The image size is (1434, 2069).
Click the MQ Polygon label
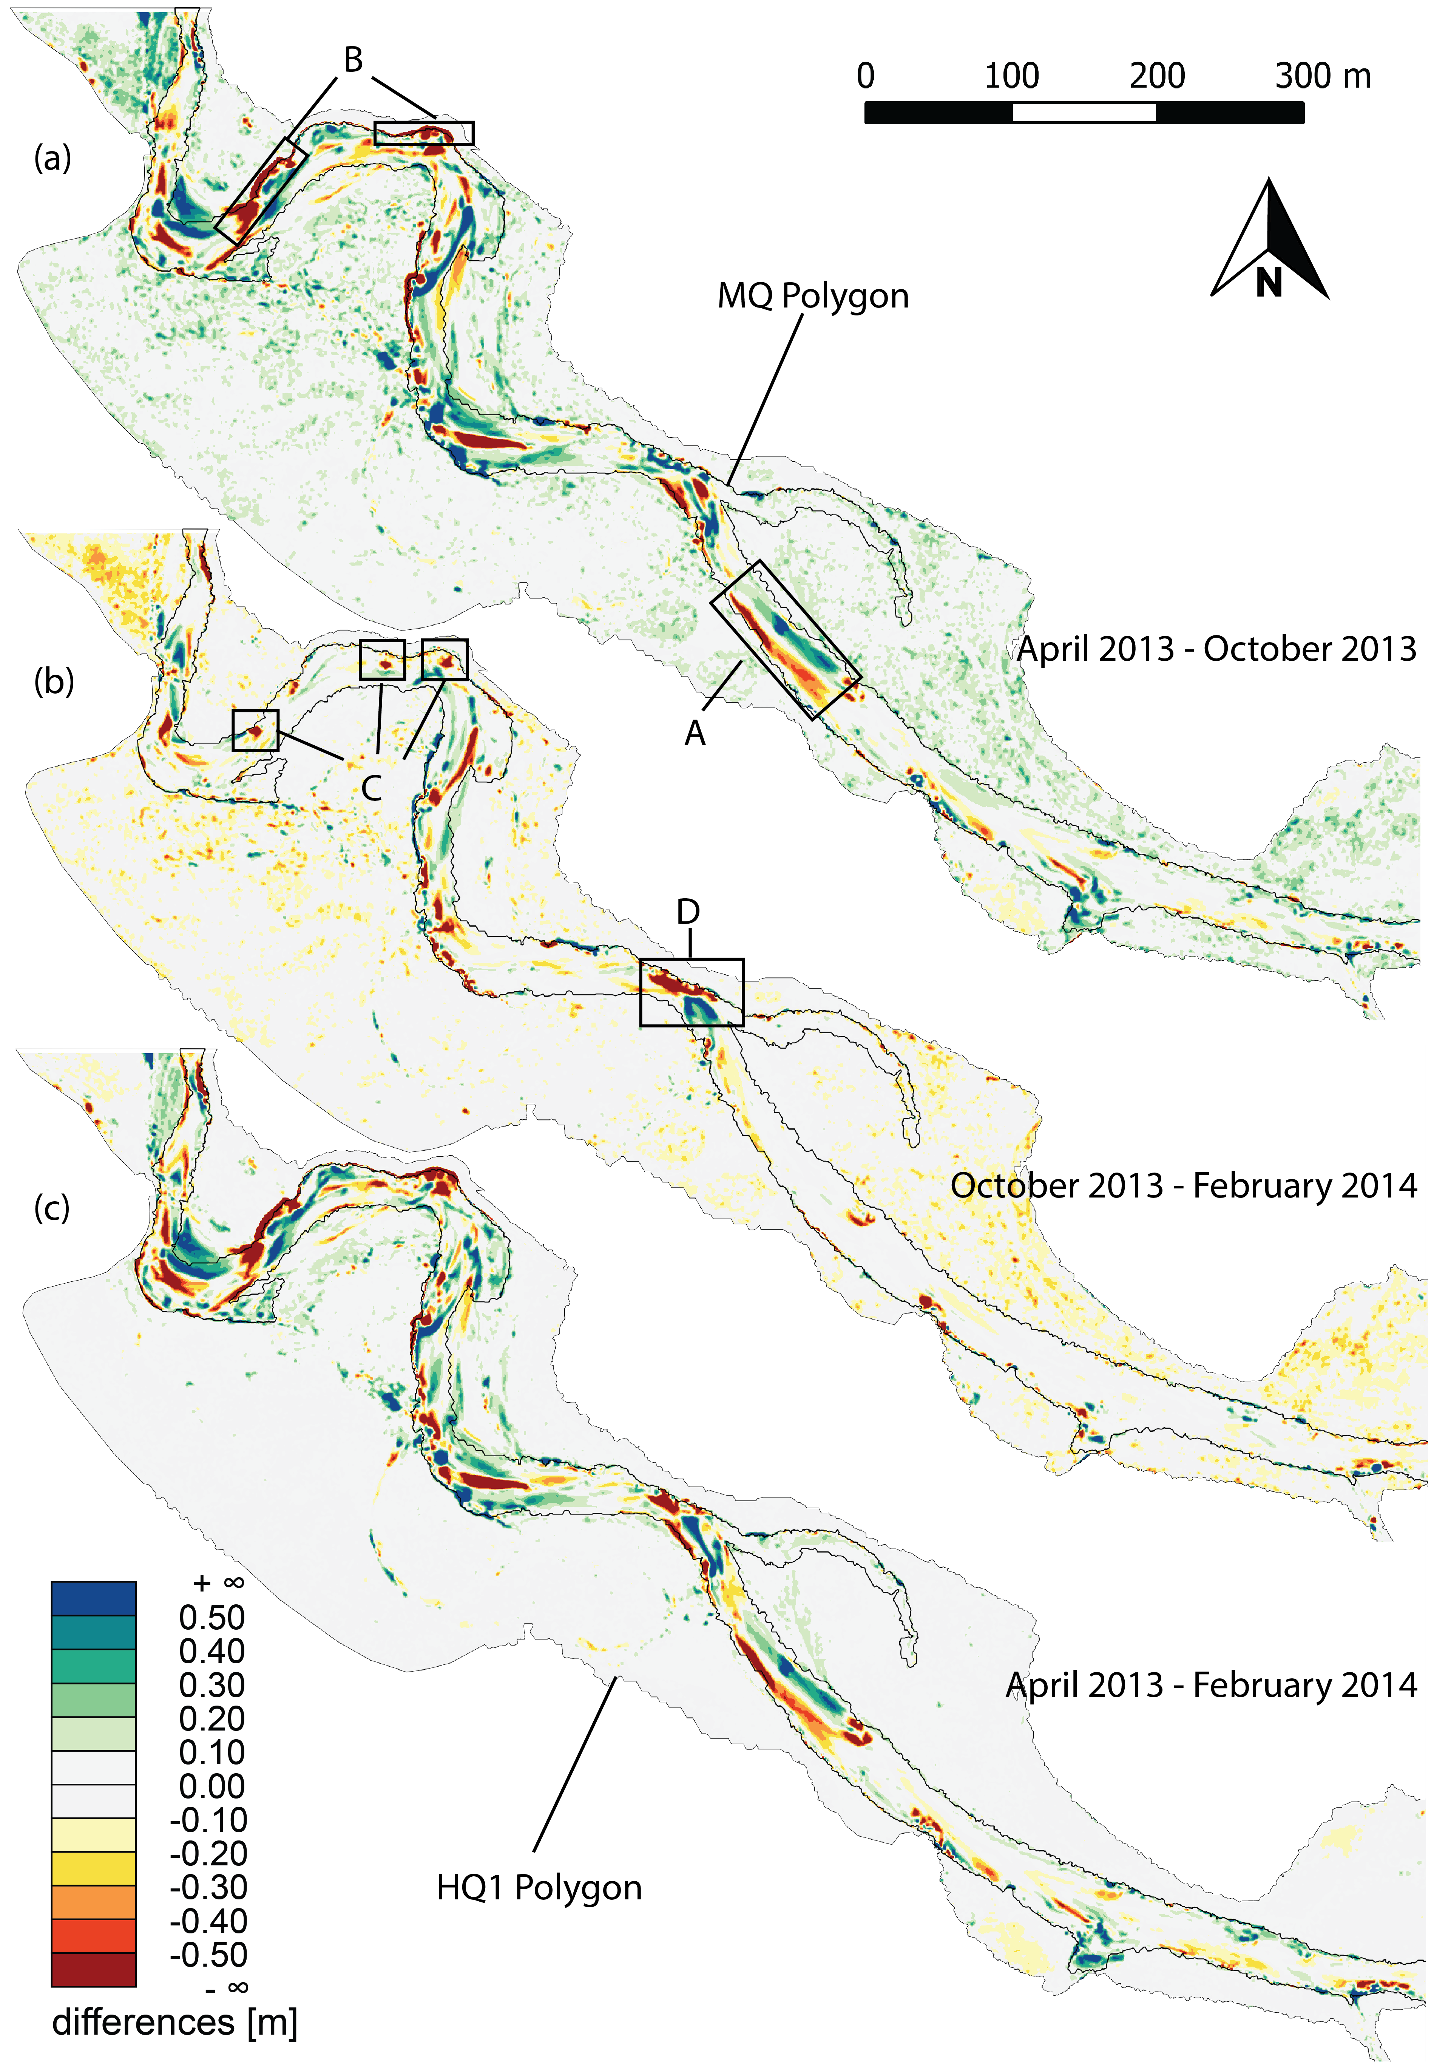point(812,296)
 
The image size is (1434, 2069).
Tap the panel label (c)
point(52,1207)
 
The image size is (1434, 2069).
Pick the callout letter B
point(353,60)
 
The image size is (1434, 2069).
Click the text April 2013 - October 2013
point(1216,649)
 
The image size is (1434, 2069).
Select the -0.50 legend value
point(208,1955)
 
